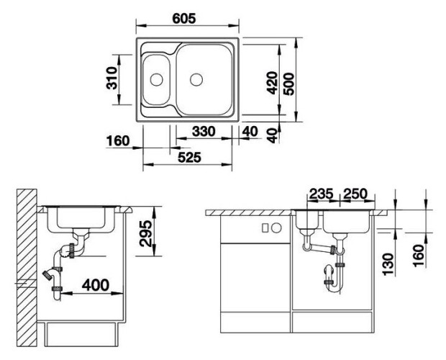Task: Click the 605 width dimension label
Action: click(184, 19)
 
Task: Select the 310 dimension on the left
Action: click(111, 78)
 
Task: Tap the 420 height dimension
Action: click(272, 83)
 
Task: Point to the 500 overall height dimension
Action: click(289, 84)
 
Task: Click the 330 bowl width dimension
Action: click(204, 132)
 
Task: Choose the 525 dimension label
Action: click(189, 158)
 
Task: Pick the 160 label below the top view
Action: click(118, 141)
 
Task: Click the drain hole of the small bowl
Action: click(156, 80)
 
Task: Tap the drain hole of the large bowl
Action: click(196, 80)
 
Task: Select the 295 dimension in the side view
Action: click(145, 233)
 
